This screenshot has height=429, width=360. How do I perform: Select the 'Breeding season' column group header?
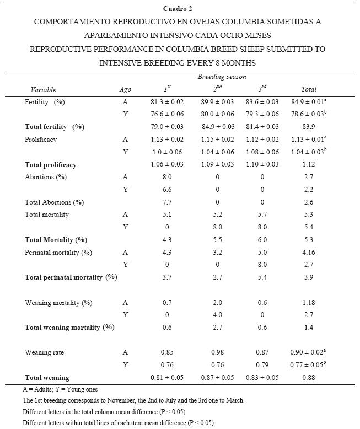pos(222,77)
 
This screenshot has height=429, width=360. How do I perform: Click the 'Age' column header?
pos(125,89)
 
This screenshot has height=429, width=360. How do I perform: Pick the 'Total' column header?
pos(309,89)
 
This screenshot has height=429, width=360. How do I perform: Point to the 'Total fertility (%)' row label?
pos(55,127)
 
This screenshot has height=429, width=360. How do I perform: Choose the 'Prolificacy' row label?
pos(41,140)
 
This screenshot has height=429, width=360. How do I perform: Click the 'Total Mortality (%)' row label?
pos(56,240)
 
